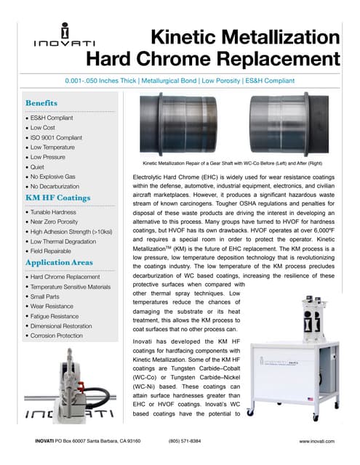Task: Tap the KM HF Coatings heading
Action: pyautogui.click(x=57, y=197)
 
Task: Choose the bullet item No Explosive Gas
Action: pyautogui.click(x=57, y=177)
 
